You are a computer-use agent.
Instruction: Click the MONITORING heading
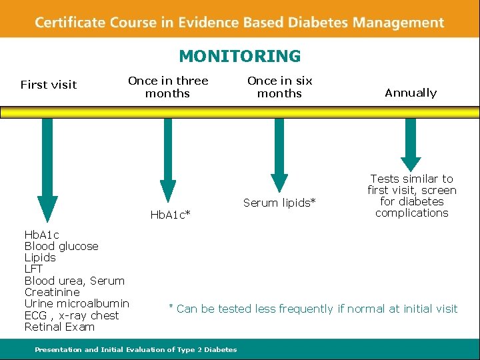(239, 56)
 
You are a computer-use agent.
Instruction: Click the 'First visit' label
(49, 85)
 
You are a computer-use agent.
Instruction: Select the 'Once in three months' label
(168, 87)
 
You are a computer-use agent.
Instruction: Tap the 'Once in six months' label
(279, 87)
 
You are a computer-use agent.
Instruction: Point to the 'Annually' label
(411, 93)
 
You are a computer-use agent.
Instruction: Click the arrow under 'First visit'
(47, 167)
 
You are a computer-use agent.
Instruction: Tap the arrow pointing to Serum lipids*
(279, 153)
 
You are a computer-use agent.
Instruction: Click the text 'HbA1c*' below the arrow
(171, 214)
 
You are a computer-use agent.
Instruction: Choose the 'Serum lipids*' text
(279, 203)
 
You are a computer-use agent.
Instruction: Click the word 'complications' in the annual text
(411, 213)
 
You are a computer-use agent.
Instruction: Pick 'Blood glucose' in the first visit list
(61, 246)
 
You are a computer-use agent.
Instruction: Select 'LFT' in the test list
(33, 269)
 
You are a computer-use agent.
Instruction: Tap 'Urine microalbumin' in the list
(77, 303)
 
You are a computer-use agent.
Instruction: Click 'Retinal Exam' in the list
(59, 327)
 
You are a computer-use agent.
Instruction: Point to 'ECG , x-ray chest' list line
(71, 315)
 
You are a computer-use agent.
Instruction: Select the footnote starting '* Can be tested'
(313, 309)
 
